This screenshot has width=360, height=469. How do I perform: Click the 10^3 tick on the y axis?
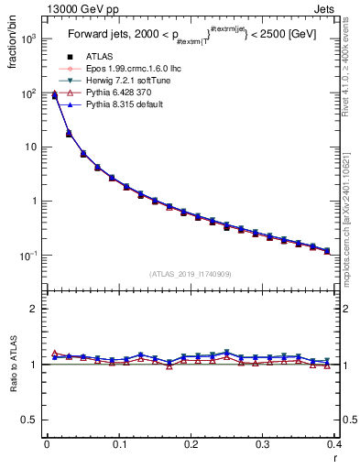29,40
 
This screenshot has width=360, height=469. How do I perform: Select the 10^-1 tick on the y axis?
29,256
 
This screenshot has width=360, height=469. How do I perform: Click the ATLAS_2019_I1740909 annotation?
191,274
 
